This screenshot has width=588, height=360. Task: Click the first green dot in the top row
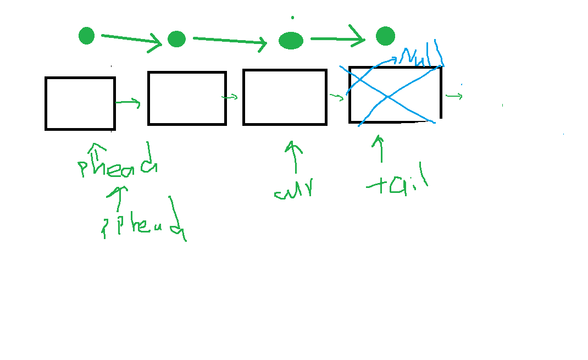[x=86, y=36]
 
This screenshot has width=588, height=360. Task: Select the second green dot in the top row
[x=176, y=39]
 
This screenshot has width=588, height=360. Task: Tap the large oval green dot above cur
[x=291, y=40]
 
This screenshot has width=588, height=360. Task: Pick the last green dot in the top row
[x=385, y=36]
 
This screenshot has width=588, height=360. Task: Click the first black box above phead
[x=80, y=103]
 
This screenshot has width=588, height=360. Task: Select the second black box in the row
[x=187, y=98]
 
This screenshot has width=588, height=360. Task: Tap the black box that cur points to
[x=285, y=97]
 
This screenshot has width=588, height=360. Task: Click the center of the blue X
[x=389, y=97]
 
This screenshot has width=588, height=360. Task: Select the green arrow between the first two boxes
[x=128, y=102]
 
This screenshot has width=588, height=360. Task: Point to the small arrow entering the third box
[x=230, y=97]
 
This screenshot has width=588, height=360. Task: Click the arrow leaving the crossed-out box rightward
[x=454, y=96]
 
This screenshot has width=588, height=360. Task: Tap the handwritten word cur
[x=294, y=189]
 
